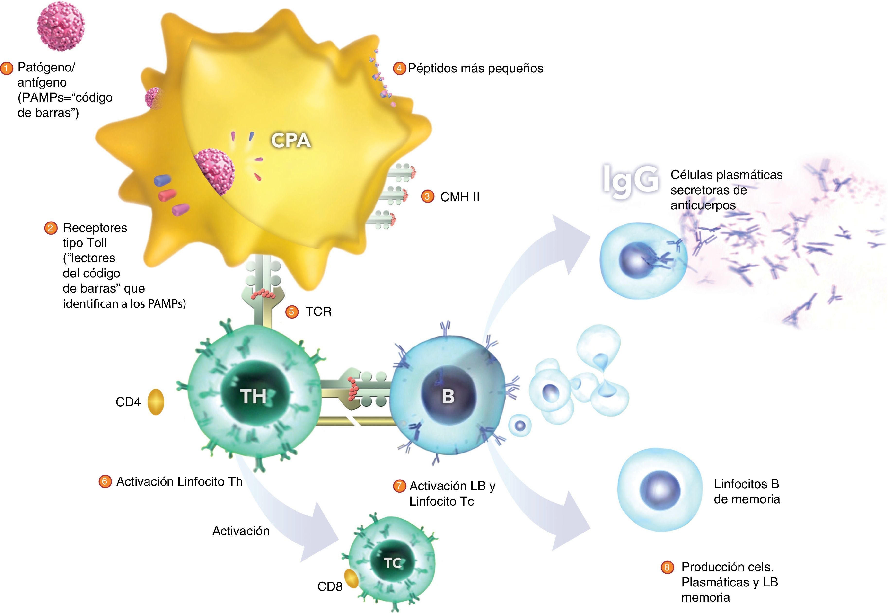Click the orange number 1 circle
coord(7,69)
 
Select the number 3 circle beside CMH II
coord(427,197)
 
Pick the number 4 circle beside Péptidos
coord(399,68)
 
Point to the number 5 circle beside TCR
coord(292,311)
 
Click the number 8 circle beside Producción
coord(667,567)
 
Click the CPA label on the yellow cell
coord(291,141)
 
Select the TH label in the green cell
coord(253,396)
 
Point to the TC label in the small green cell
coord(392,563)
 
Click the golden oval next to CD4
coord(156,402)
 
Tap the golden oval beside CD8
coord(351,579)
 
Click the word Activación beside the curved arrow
coord(241,531)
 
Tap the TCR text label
coord(318,311)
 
